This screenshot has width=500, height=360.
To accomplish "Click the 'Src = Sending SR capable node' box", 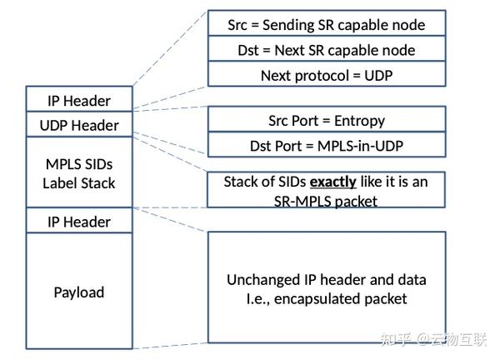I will (326, 23).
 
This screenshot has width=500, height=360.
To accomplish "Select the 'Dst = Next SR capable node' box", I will (326, 49).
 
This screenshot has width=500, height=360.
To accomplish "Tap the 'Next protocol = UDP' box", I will (326, 74).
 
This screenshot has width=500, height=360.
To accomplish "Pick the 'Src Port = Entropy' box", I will (326, 120).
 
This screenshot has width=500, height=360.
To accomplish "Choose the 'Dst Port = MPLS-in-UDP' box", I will (326, 145).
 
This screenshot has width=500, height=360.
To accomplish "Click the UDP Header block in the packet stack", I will (79, 125).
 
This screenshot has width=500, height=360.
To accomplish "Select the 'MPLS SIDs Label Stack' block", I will (79, 172).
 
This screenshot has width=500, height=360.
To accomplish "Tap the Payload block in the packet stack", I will (79, 292).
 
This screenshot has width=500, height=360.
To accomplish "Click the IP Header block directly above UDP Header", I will (79, 100).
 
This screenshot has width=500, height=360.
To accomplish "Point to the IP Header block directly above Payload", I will (79, 222).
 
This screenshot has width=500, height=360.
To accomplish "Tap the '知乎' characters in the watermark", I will (396, 339).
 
